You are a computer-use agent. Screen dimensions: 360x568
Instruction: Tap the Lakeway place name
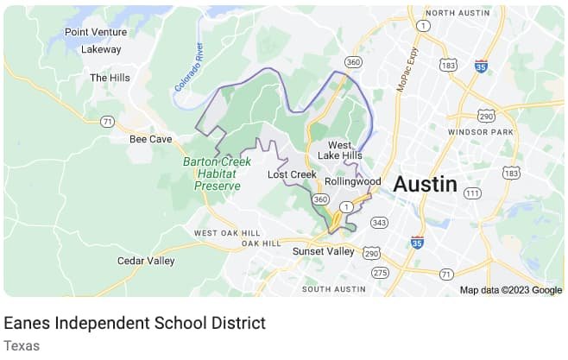tap(101, 49)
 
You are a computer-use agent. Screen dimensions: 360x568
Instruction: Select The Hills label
tap(110, 78)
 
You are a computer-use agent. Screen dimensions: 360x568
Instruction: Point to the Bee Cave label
tap(151, 138)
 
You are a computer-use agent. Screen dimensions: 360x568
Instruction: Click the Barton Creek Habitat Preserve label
tap(217, 174)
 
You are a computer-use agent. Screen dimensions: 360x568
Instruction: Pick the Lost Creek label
tap(292, 174)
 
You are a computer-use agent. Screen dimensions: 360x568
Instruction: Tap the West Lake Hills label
tap(339, 150)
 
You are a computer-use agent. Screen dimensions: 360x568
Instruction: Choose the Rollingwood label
tap(352, 181)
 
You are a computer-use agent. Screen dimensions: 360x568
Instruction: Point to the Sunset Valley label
tap(324, 251)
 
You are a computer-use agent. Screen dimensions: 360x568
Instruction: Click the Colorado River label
tap(188, 67)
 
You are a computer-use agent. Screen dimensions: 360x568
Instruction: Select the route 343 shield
tap(379, 223)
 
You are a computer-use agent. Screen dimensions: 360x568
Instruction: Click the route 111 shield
tap(472, 193)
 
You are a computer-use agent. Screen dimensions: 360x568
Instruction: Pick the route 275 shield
tap(381, 273)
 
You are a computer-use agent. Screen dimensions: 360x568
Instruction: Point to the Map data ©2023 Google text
tap(510, 290)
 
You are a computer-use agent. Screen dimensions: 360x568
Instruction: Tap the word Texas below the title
tap(22, 345)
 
